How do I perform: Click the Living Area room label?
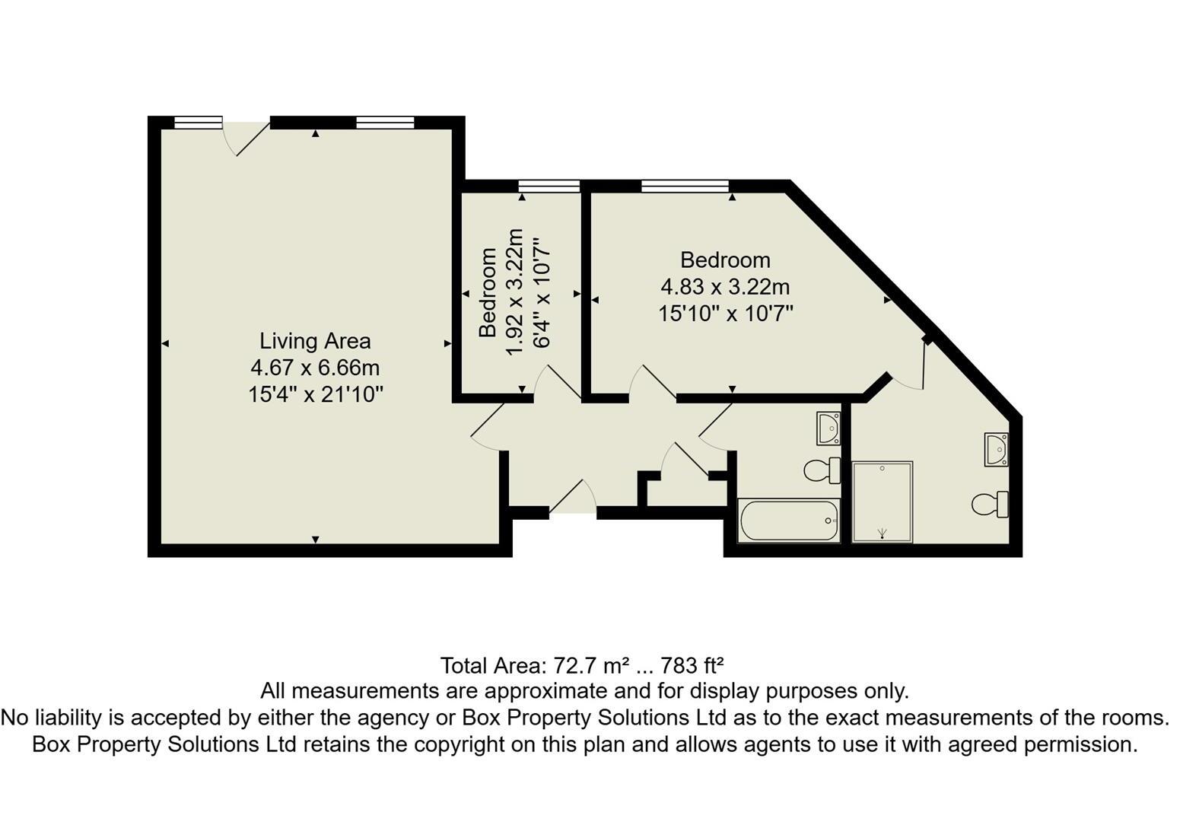point(315,341)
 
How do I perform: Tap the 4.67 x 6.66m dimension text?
point(315,368)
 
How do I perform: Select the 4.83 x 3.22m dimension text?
point(725,287)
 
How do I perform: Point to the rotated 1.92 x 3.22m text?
point(515,291)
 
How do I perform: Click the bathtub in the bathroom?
point(789,521)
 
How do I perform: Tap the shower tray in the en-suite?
point(882,502)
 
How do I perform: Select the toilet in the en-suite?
point(991,504)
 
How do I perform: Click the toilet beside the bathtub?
point(822,470)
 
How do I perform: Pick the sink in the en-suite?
point(996,449)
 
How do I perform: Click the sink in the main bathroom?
point(828,428)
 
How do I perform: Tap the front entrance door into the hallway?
point(572,499)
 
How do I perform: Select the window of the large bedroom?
point(685,186)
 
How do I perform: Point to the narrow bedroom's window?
point(549,186)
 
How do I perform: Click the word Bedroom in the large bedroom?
point(725,260)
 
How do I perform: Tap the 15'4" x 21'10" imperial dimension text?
point(315,395)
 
